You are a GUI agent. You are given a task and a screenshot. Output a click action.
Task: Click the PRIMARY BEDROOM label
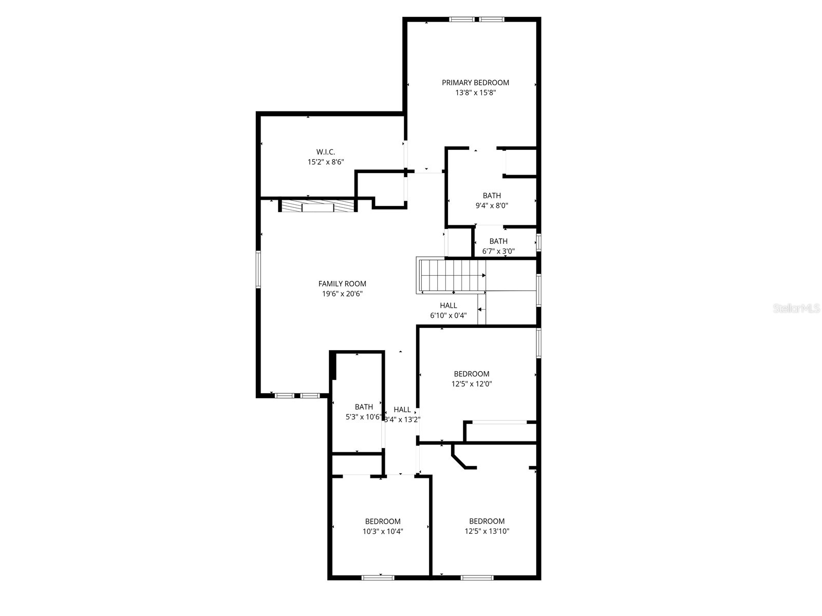pyautogui.click(x=475, y=83)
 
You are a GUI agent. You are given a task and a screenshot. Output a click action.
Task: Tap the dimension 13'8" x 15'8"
pyautogui.click(x=475, y=93)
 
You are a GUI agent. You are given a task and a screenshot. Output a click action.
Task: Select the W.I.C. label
pyautogui.click(x=326, y=152)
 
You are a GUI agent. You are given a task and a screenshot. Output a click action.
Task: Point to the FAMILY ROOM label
pyautogui.click(x=342, y=283)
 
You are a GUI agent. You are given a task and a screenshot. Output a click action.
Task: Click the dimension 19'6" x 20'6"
pyautogui.click(x=342, y=294)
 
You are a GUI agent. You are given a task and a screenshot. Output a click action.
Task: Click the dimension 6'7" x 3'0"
pyautogui.click(x=498, y=251)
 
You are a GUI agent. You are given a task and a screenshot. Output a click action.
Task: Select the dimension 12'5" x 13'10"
pyautogui.click(x=487, y=531)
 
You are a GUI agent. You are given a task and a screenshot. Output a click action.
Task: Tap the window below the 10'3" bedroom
pyautogui.click(x=378, y=577)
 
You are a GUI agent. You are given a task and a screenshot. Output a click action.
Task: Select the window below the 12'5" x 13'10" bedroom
pyautogui.click(x=477, y=577)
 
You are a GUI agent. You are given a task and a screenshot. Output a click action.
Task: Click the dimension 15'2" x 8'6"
pyautogui.click(x=326, y=162)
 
